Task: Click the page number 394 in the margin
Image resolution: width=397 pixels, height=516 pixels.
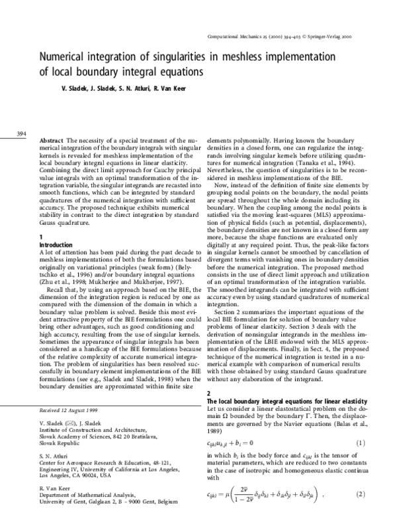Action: tap(20, 134)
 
